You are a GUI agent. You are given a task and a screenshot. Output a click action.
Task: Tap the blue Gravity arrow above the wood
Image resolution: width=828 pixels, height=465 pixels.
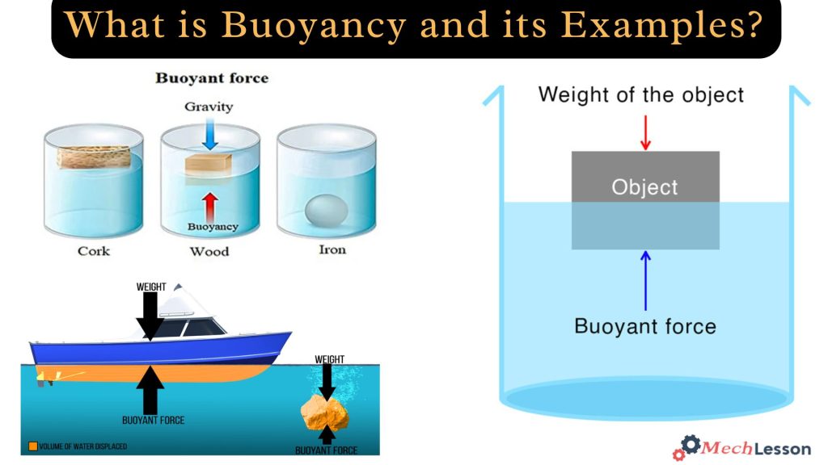click(210, 135)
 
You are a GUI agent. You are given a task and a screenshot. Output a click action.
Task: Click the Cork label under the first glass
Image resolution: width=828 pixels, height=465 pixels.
click(94, 251)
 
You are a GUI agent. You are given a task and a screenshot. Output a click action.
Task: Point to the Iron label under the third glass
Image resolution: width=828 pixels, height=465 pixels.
click(332, 249)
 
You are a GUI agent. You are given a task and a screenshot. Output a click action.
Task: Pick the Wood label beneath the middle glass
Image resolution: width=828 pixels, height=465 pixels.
click(209, 252)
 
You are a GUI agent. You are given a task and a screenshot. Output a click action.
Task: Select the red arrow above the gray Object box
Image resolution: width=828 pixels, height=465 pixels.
click(645, 132)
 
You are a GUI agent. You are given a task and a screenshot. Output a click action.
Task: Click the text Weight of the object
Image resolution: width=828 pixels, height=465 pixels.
click(640, 94)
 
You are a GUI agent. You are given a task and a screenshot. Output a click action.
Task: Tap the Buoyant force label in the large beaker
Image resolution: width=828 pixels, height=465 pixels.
click(645, 326)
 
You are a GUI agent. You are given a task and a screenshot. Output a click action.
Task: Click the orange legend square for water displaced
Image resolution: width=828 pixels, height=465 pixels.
click(32, 446)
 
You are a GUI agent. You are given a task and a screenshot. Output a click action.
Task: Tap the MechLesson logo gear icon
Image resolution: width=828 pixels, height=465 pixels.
click(690, 445)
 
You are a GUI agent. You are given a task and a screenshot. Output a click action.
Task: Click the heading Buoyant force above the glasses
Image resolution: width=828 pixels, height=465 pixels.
click(212, 78)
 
